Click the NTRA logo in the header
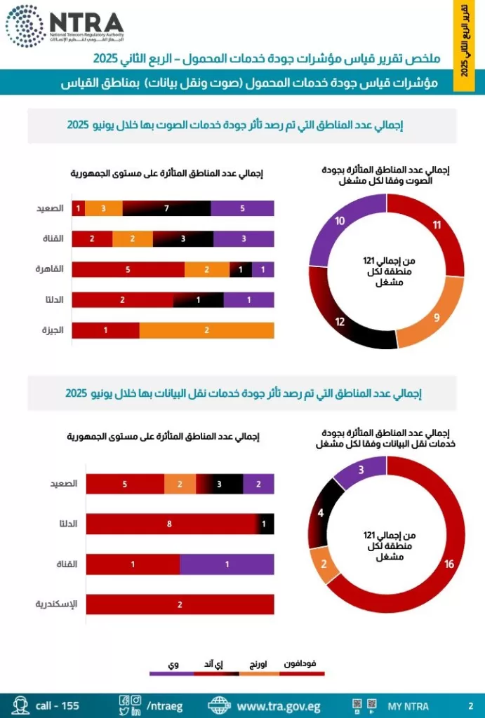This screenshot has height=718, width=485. tap(65, 26)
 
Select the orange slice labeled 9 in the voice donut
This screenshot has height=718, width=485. tap(436, 316)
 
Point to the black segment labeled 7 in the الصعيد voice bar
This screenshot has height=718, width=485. tap(166, 208)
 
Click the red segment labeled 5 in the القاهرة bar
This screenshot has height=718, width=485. tap(128, 269)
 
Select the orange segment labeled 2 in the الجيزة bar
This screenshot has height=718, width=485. tap(206, 330)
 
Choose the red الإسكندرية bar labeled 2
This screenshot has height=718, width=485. tap(180, 604)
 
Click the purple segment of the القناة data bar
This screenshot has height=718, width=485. tap(227, 564)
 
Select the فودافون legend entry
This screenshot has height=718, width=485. tap(303, 666)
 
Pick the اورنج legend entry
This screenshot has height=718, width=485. tap(258, 666)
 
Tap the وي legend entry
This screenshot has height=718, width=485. tap(172, 666)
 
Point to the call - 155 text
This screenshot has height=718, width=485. tap(57, 705)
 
